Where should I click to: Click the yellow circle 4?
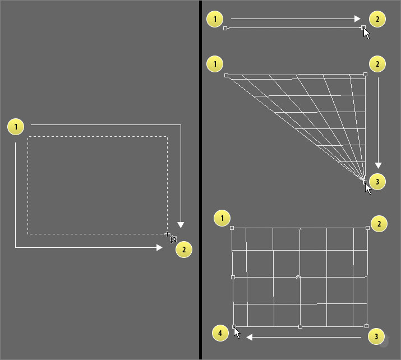(x=220, y=333)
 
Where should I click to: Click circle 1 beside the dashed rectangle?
(x=16, y=127)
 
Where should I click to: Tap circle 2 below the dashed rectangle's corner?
(x=184, y=250)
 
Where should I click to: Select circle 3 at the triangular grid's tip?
(x=377, y=182)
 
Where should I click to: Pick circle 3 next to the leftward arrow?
(x=376, y=336)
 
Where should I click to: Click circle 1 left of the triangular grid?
(x=215, y=64)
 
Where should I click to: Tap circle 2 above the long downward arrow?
(x=377, y=64)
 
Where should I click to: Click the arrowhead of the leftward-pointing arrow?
(x=250, y=337)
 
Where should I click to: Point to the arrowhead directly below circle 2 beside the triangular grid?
(x=378, y=165)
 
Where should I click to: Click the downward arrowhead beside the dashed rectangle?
(x=181, y=225)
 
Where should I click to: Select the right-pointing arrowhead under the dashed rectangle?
(x=159, y=247)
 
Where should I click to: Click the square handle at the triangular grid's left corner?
(x=227, y=76)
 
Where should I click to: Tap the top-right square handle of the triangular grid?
(x=365, y=75)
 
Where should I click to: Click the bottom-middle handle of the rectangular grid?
(x=300, y=326)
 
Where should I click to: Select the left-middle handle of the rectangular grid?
(x=233, y=277)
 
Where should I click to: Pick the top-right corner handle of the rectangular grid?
(x=367, y=228)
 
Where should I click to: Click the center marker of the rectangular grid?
(x=298, y=277)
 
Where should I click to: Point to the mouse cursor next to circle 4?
(x=237, y=333)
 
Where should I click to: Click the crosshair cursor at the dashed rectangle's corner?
(x=167, y=234)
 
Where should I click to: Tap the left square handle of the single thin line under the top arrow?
(x=225, y=28)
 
